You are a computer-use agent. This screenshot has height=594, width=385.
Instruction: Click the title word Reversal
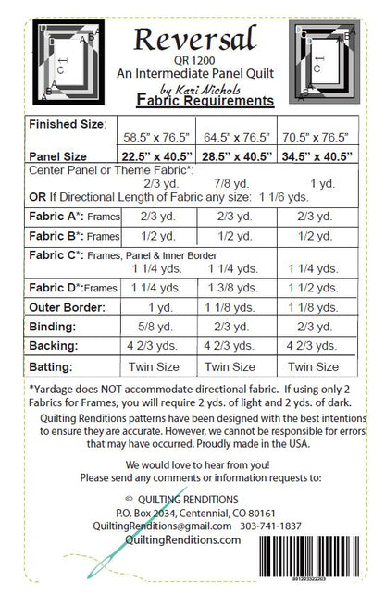pos(192,38)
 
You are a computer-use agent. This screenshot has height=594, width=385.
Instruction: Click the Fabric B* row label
pos(68,236)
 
